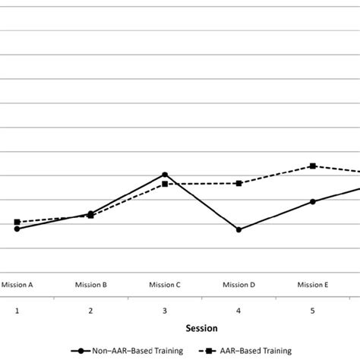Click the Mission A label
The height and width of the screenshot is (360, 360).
pos(17,285)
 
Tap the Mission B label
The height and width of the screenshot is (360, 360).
pos(90,285)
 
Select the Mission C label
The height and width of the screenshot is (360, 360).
pos(164,285)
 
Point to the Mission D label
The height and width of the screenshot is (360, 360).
pos(238,285)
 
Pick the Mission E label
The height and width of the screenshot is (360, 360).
pos(312,285)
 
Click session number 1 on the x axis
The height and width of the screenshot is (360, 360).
pos(17,311)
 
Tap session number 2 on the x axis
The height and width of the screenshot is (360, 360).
pos(90,311)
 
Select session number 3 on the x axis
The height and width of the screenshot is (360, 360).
pos(164,311)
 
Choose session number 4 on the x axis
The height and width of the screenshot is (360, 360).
pos(238,311)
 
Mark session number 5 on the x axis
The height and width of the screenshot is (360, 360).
pos(312,311)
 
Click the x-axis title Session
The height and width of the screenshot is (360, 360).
pos(203,329)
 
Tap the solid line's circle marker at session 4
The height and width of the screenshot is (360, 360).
pos(238,229)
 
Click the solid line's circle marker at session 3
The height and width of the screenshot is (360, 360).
pos(164,175)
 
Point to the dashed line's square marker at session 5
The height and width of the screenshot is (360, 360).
pos(312,166)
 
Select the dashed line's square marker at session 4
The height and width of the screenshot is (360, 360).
pos(238,183)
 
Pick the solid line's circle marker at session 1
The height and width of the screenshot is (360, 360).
pos(17,229)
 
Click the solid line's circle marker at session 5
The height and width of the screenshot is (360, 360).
pos(312,201)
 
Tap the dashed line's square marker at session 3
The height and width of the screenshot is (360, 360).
pos(164,184)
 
